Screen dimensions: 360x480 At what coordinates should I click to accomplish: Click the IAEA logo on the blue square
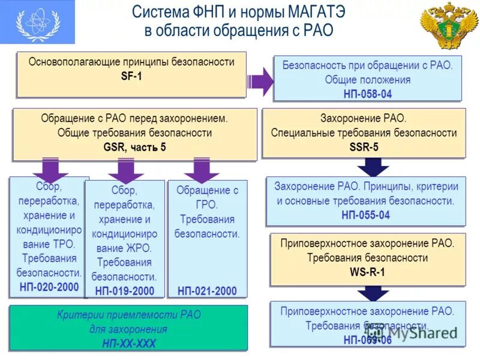37,22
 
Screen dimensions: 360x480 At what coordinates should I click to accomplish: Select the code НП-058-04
367,94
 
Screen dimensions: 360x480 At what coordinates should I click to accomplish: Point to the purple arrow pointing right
259,81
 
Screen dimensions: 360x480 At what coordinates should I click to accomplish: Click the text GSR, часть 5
134,148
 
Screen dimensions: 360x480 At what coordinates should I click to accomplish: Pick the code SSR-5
364,147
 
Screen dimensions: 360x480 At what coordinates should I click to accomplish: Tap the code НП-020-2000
49,287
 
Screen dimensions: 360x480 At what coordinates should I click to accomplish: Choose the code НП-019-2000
124,291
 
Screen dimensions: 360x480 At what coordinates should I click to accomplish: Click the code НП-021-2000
207,291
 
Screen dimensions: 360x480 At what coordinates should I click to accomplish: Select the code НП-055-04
365,215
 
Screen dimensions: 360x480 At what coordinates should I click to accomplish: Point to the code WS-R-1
367,272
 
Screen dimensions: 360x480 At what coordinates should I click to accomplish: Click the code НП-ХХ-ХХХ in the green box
128,343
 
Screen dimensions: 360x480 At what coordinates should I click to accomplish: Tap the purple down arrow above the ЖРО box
125,170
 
